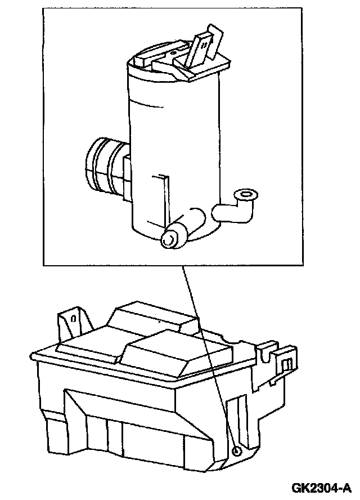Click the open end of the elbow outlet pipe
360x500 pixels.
click(245, 195)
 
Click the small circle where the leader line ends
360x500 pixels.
click(237, 452)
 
